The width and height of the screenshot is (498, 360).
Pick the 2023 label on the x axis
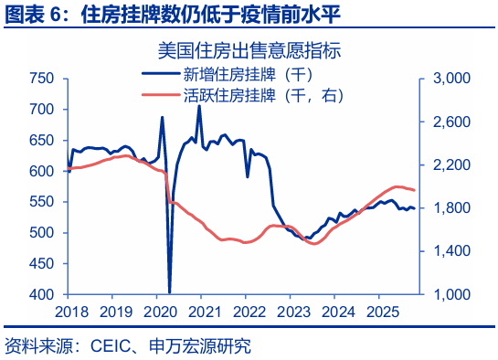(x=293, y=312)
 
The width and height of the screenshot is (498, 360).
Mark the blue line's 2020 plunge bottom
(x=170, y=292)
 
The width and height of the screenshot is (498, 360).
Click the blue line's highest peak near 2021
(x=199, y=106)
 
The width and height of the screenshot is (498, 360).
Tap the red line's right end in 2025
(x=415, y=190)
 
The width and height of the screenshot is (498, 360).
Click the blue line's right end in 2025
(x=415, y=208)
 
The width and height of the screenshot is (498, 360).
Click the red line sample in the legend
(x=161, y=94)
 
